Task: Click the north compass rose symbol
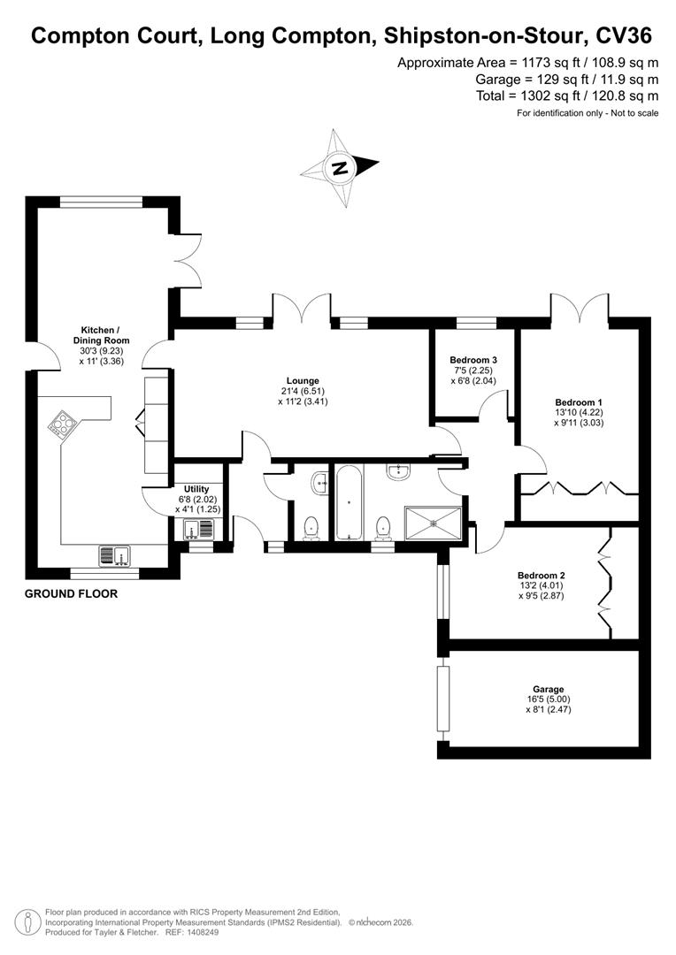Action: pos(340,167)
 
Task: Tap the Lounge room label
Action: pos(303,381)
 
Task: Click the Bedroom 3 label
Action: pos(473,360)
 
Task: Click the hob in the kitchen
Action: pos(63,425)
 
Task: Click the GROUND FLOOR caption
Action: pos(70,594)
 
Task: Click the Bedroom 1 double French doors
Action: pos(579,313)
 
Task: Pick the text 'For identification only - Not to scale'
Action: pos(588,113)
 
